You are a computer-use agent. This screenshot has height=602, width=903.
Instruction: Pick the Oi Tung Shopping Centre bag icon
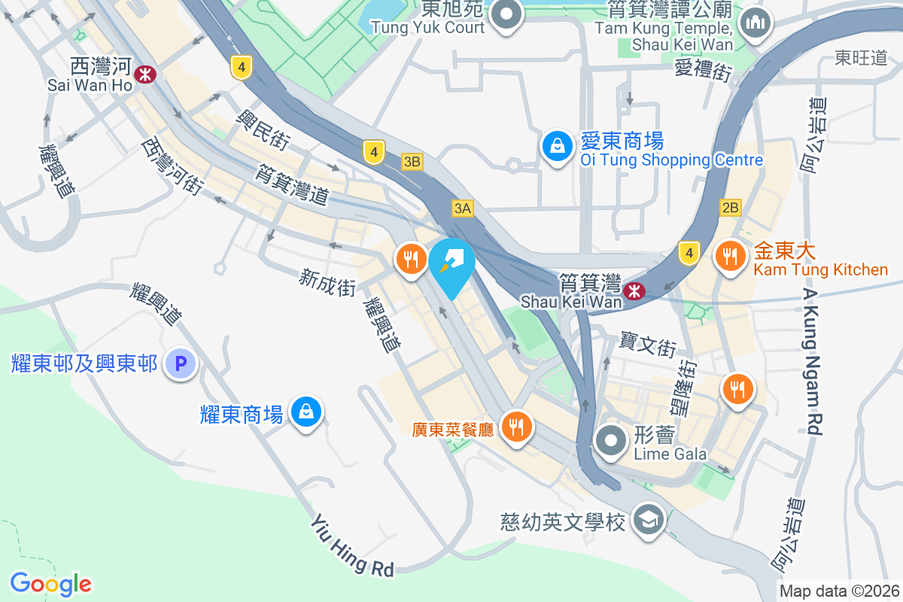coord(558,147)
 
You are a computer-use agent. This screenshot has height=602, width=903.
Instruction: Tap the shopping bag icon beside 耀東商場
coord(306,412)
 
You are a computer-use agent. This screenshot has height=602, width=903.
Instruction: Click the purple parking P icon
coord(181,364)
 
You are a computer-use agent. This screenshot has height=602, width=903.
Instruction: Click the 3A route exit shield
coord(463,208)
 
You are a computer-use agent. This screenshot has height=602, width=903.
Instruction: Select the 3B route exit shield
coord(412,161)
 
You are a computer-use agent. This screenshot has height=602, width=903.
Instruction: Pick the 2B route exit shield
coord(730,208)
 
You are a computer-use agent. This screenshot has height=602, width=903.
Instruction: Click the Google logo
coord(50,584)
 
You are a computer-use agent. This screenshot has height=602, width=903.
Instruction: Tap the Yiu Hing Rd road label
coord(352,544)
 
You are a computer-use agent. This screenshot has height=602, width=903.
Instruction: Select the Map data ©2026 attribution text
coord(839,591)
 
